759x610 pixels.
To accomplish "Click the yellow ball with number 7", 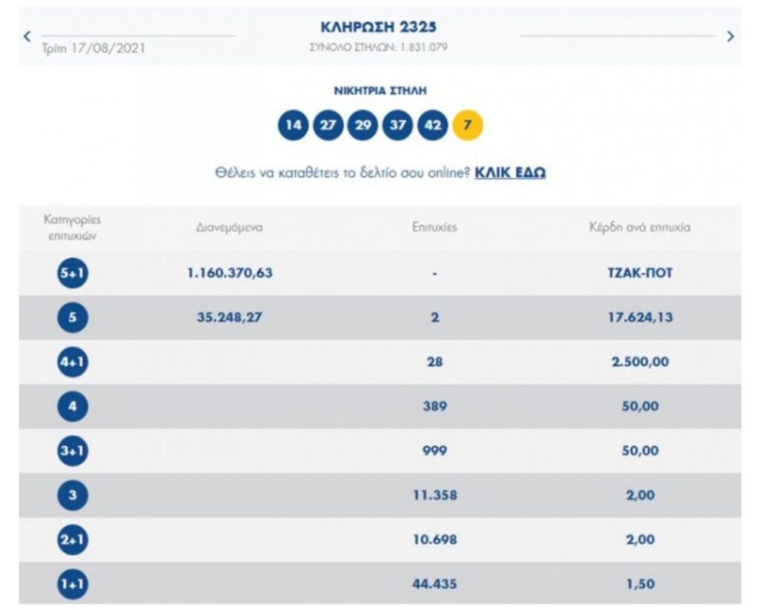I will (467, 125).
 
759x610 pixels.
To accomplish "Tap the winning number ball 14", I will (294, 125).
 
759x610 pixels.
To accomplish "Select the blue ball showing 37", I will (398, 125).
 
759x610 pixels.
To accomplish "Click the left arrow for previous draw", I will (27, 36).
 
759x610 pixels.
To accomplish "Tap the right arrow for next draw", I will (730, 36).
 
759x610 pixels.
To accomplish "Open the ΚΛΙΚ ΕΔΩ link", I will (510, 173).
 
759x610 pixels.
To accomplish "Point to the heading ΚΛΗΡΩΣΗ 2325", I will (379, 27).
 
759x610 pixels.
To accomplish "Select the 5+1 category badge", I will (72, 273).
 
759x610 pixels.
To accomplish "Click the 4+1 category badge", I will (72, 362).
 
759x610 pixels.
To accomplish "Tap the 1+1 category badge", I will (72, 585).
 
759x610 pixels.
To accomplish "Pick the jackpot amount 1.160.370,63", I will (230, 273).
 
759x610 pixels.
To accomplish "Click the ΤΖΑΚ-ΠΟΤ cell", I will (639, 273).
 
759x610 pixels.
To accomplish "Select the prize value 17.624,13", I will (639, 317).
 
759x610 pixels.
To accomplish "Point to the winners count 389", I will (434, 406).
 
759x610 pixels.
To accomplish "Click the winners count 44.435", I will (434, 584).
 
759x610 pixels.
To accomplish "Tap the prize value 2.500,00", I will (639, 362).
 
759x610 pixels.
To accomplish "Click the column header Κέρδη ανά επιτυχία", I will (639, 228).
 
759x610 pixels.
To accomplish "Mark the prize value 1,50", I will (639, 584).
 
